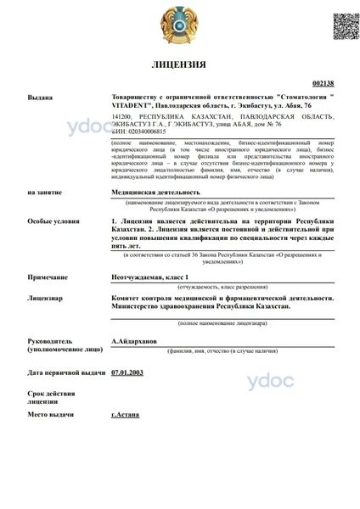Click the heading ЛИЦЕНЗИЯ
[x=178, y=64]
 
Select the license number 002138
[x=323, y=84]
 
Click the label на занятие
[x=44, y=193]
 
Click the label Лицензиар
[x=44, y=299]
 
